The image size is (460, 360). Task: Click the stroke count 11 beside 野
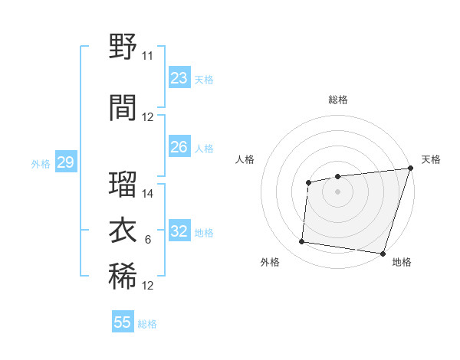click(148, 56)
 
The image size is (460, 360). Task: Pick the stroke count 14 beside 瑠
click(148, 194)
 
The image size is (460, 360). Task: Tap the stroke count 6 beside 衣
click(148, 240)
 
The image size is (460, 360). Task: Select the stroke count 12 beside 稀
click(148, 286)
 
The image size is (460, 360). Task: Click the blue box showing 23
click(179, 78)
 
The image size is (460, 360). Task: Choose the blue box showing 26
click(179, 147)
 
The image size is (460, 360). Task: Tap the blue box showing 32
click(179, 231)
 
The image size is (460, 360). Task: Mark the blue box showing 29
click(65, 162)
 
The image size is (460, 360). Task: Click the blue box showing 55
click(123, 322)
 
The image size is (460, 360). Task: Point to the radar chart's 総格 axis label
click(338, 100)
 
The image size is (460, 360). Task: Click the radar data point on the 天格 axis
click(410, 169)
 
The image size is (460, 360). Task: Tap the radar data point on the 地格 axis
click(383, 253)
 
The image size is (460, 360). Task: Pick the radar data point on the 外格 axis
click(302, 242)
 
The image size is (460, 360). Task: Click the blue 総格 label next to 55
click(147, 324)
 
